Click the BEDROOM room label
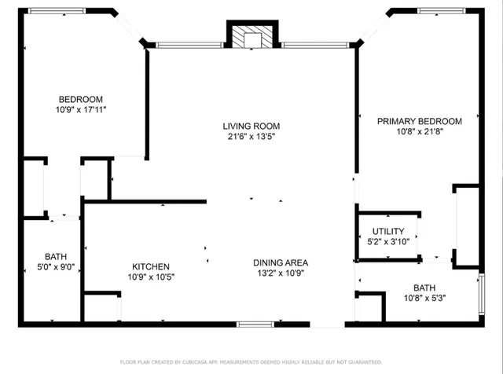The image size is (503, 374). (82, 99)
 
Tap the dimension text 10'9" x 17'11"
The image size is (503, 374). (82, 110)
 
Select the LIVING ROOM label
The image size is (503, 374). (251, 126)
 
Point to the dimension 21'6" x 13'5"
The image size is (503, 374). (251, 137)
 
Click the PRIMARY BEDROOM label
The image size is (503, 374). (419, 121)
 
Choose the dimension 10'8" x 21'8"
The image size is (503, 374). (419, 132)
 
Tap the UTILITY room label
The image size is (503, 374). (387, 231)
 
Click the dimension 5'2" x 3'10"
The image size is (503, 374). (387, 242)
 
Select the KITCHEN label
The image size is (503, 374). (151, 267)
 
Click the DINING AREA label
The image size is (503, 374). (280, 262)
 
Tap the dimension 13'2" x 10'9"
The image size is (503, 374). (280, 273)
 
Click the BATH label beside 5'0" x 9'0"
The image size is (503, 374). (56, 256)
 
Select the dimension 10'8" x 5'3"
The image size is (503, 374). (424, 298)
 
